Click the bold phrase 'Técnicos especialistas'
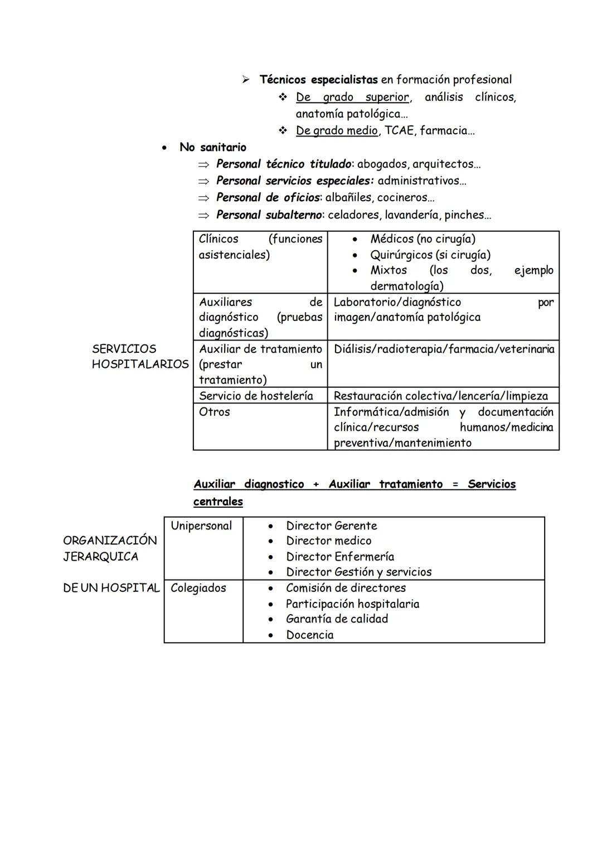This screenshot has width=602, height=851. point(318,80)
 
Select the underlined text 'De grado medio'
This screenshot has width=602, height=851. point(337,130)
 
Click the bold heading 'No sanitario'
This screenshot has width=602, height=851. point(212,147)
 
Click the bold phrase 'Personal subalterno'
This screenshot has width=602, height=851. point(268,215)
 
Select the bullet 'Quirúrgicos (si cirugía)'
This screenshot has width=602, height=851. point(430,255)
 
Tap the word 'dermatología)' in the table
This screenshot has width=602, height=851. point(407,286)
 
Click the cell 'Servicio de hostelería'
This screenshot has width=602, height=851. point(256,396)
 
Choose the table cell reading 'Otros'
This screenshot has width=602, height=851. point(214,412)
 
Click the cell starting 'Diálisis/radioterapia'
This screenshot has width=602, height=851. point(444,349)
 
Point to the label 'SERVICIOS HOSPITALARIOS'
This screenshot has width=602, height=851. point(140,357)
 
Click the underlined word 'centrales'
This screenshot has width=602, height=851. point(218,502)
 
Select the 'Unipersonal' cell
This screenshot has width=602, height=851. point(201,526)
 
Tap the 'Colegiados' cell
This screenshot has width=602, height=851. point(198,588)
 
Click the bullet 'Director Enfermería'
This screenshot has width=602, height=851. point(339,556)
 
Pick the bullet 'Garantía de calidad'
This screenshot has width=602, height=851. point(337,619)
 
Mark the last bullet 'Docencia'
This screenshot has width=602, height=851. point(309,635)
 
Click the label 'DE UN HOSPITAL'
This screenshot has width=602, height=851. point(111,588)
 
